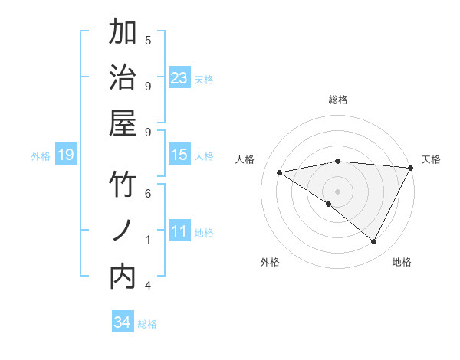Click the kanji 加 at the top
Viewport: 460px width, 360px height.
click(x=123, y=33)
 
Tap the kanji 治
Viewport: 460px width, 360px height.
click(x=123, y=79)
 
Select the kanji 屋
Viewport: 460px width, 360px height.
click(x=123, y=124)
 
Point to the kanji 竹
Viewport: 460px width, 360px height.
click(x=123, y=186)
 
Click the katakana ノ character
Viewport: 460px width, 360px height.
click(x=123, y=231)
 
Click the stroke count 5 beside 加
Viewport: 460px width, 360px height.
click(x=148, y=40)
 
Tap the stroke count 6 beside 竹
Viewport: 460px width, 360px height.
click(x=148, y=194)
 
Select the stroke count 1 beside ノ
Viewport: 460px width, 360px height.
click(x=148, y=240)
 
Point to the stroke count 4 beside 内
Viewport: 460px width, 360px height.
click(x=148, y=286)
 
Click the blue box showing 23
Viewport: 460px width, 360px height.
click(x=179, y=78)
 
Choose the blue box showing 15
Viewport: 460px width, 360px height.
click(x=179, y=155)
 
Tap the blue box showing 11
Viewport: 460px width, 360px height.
click(x=179, y=232)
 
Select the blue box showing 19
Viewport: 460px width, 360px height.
click(x=66, y=155)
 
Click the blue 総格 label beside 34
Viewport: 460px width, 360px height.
click(x=147, y=324)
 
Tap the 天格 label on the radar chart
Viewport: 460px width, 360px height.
click(x=431, y=159)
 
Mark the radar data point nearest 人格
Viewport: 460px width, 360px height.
click(x=280, y=172)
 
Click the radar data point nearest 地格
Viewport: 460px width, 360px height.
click(x=373, y=242)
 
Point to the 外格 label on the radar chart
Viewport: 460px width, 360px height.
click(x=270, y=263)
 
